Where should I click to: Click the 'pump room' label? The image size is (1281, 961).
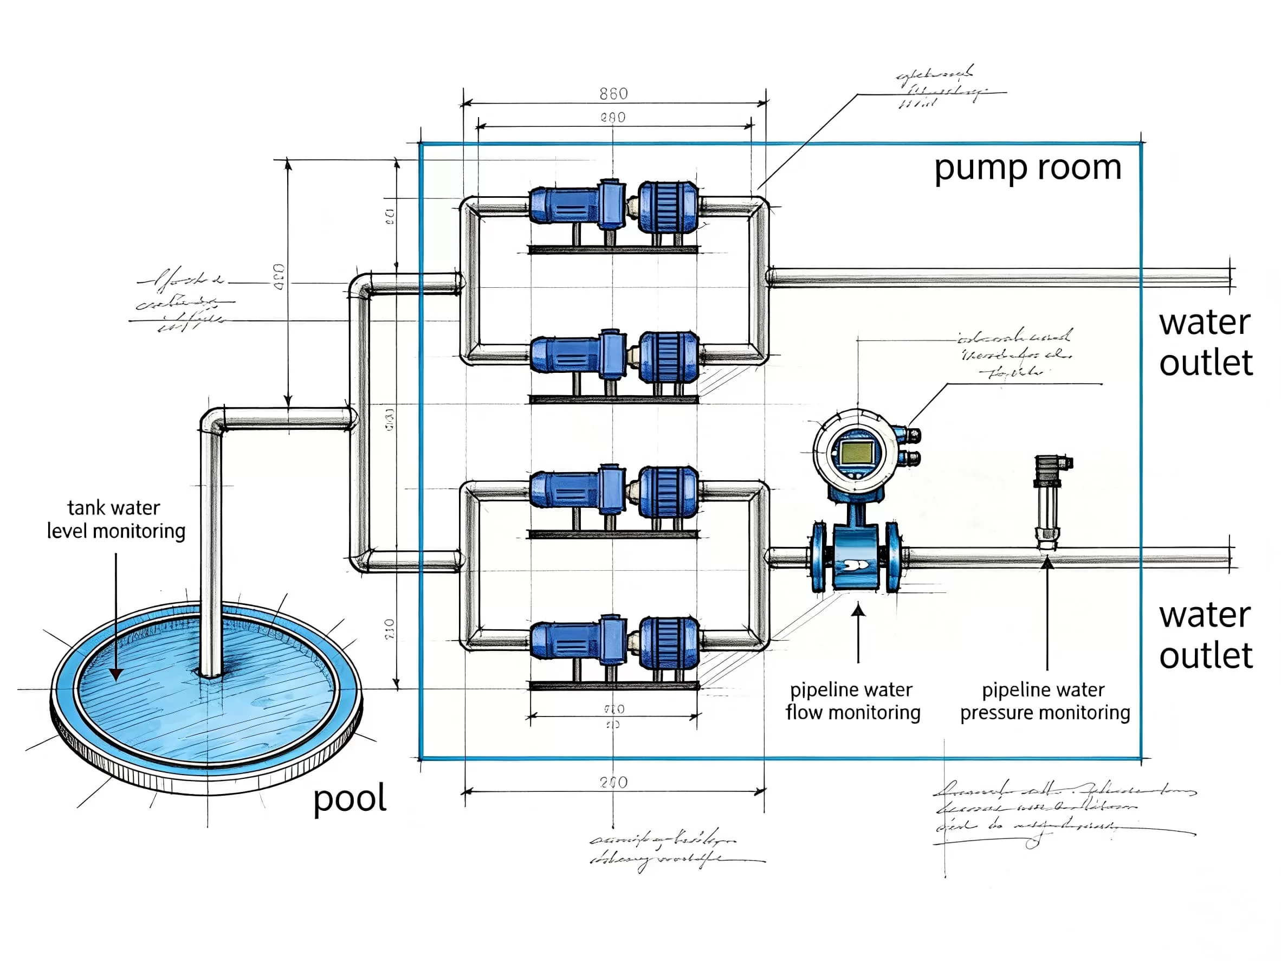(1027, 169)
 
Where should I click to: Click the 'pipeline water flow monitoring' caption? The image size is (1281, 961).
(852, 701)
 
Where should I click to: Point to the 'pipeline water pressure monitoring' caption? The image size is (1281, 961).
(1045, 701)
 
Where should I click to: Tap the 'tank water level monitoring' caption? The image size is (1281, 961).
(116, 520)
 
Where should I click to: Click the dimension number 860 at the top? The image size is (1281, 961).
(613, 94)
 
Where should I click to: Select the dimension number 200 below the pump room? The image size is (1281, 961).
(613, 783)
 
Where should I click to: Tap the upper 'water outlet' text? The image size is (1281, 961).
(1205, 343)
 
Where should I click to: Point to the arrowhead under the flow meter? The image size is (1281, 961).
(858, 609)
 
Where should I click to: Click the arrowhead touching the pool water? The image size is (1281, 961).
(117, 674)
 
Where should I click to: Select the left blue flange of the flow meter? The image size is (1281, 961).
(819, 557)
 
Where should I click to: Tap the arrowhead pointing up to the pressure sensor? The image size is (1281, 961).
(1047, 563)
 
